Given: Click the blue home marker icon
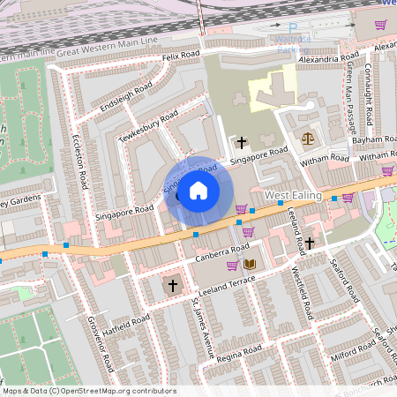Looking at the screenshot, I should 198,190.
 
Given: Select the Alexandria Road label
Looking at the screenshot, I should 328,59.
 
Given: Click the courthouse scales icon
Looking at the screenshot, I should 307,138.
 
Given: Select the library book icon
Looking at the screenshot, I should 250,263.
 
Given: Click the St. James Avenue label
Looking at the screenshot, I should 204,328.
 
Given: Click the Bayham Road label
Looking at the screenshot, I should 371,140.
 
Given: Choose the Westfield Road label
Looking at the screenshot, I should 305,292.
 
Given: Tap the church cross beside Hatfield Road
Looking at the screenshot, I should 173,285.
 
